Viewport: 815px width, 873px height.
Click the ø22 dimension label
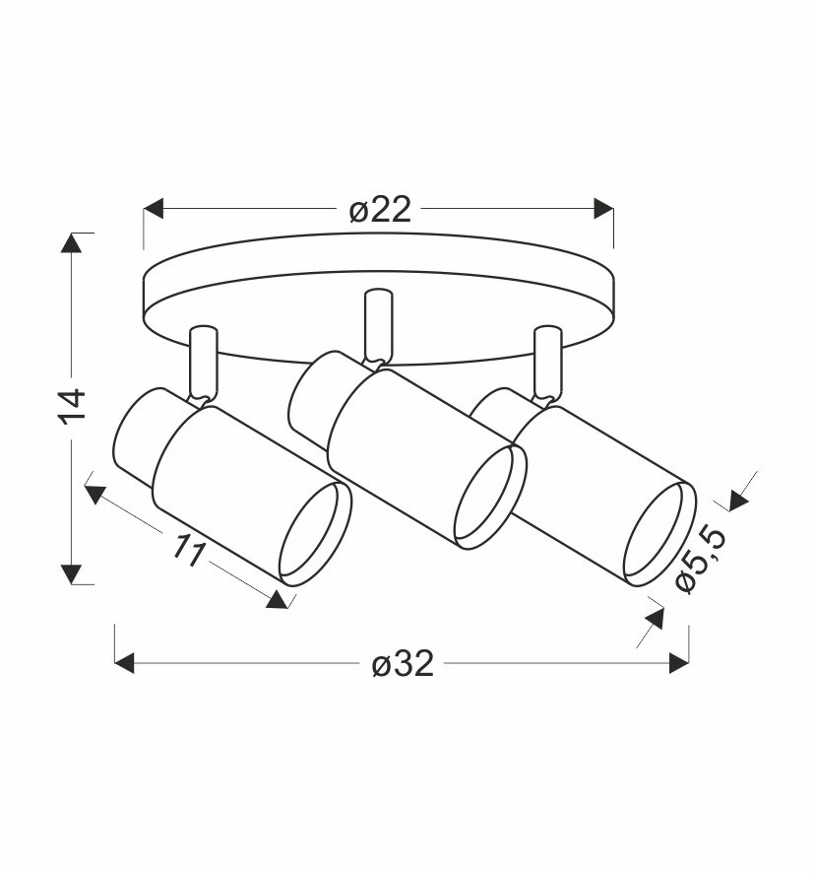(381, 209)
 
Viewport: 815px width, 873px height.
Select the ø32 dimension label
(403, 664)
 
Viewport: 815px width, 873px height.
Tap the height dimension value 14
(73, 407)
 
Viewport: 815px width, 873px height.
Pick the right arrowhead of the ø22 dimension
(603, 209)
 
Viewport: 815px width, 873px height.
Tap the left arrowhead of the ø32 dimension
(125, 663)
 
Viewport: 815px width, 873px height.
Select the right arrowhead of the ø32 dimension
(679, 663)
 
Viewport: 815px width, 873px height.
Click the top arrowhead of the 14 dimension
(72, 242)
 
